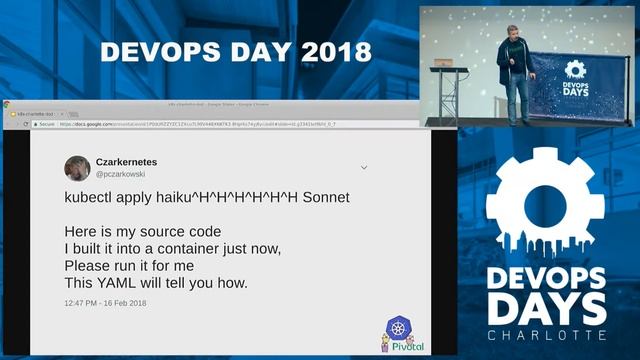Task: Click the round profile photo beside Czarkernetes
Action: [77, 168]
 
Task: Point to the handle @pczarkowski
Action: [125, 174]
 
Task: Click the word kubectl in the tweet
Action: [91, 198]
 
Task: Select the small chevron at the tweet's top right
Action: [364, 167]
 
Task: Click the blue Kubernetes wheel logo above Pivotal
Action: [399, 328]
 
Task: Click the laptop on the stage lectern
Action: [443, 62]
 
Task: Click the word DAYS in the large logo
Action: [545, 307]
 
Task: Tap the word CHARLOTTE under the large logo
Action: [545, 334]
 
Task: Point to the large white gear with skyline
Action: [545, 205]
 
